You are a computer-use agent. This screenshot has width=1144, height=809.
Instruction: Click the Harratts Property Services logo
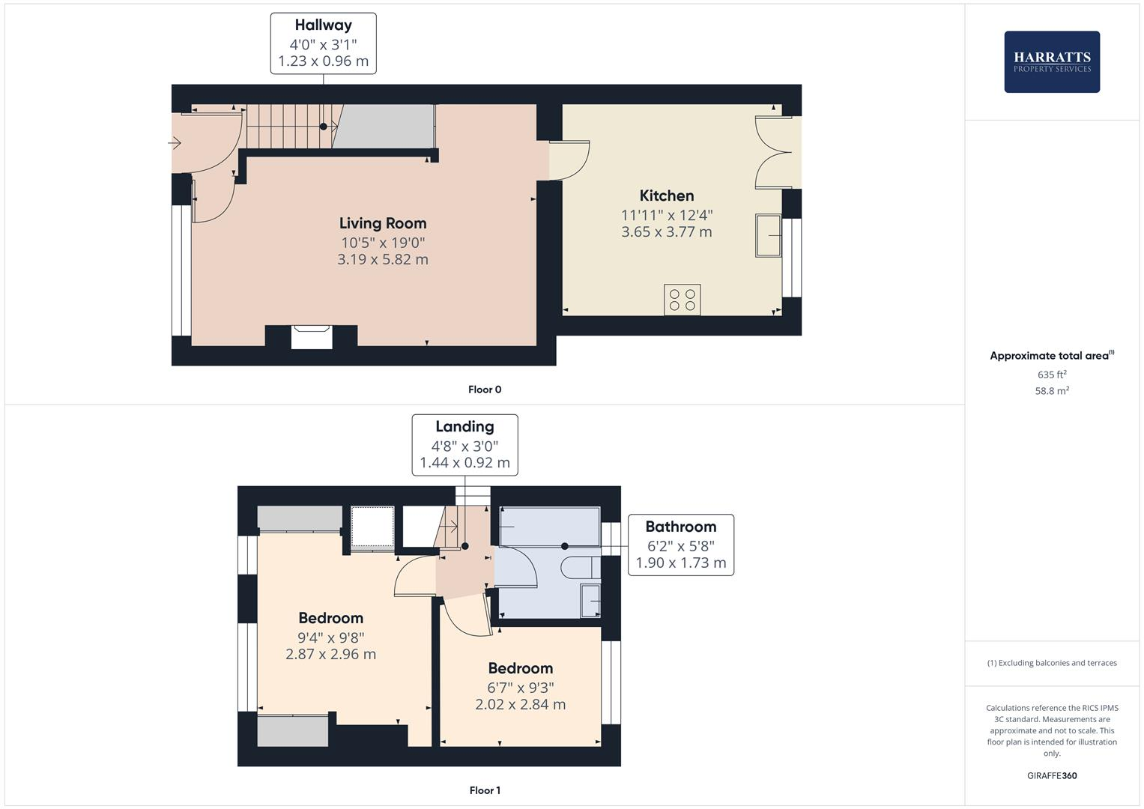pos(1051,61)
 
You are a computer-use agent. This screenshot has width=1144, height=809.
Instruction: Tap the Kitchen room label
pos(666,196)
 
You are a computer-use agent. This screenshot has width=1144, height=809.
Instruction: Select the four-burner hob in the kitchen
pos(682,300)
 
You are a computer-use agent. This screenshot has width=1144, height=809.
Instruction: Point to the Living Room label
pos(382,223)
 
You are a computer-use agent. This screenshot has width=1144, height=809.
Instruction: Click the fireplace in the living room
pos(311,336)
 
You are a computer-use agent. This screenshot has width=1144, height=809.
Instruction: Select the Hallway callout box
pos(323,43)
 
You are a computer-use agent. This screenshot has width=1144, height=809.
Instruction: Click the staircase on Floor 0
pos(288,127)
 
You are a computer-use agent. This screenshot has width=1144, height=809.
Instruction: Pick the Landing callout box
pos(464,444)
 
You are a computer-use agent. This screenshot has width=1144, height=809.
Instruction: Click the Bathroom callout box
pos(680,545)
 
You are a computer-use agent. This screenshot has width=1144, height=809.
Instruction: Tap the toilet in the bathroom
pos(580,568)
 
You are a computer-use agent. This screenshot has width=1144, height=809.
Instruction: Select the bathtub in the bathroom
pos(549,527)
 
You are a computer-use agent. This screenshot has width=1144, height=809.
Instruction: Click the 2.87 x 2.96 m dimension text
pos(330,654)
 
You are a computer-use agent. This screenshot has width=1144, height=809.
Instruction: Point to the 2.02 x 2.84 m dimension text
pos(520,704)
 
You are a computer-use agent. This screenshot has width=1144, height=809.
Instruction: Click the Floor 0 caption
pos(484,390)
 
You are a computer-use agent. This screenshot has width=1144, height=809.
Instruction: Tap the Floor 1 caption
pos(484,790)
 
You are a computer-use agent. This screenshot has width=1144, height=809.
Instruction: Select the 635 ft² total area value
pos(1051,375)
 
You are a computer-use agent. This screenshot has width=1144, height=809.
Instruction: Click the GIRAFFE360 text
pos(1051,775)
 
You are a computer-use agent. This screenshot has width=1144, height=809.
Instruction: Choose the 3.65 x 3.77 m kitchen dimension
pos(666,232)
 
